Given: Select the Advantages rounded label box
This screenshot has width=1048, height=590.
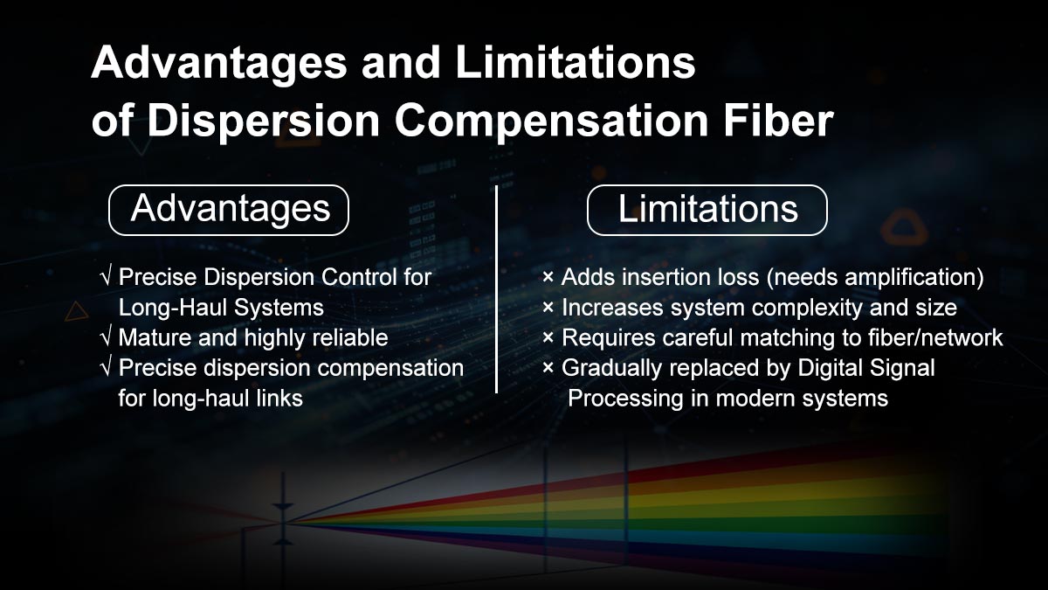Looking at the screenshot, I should coord(229,210).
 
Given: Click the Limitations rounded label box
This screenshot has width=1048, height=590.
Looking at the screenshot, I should coord(707,210).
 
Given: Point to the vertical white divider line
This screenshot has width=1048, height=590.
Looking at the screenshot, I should coord(497,288).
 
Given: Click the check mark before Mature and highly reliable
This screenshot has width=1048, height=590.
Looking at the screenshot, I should coord(107,337).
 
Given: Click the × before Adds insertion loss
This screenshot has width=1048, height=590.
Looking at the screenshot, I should coord(548,278).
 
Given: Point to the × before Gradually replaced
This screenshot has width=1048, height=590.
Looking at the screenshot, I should coord(548,368).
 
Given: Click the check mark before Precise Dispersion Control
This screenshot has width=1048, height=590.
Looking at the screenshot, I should coord(107,278).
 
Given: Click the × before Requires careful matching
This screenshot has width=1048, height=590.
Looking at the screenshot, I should coord(548,337).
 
